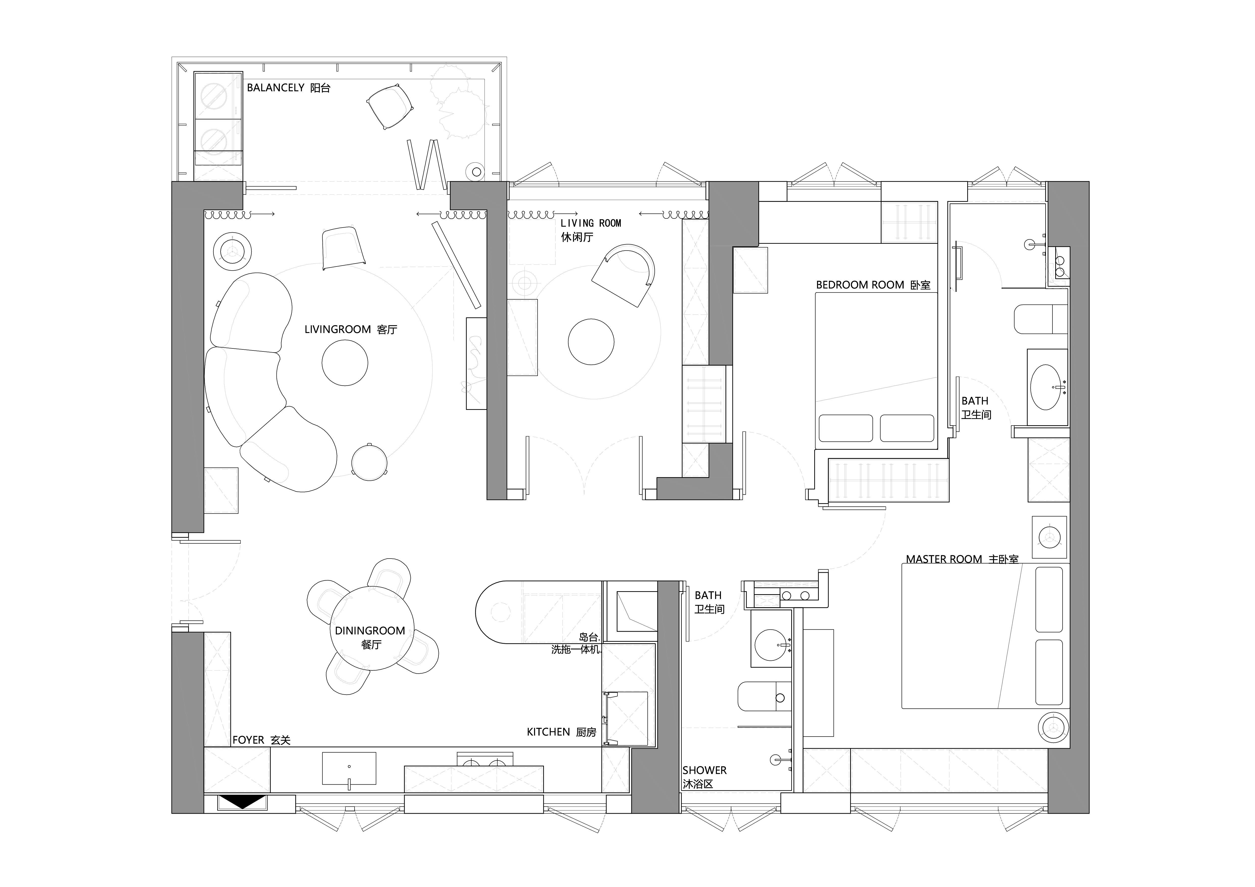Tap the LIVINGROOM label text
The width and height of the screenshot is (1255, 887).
pos(338,329)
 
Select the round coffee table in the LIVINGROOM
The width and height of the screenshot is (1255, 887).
pos(345,363)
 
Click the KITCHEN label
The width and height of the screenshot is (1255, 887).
pos(548,732)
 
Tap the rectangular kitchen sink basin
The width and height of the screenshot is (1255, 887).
pos(349,768)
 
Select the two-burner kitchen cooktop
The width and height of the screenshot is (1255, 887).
pos(485,759)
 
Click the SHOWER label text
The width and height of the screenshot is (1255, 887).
pos(704,770)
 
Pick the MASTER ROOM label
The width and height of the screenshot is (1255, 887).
pos(944,559)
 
